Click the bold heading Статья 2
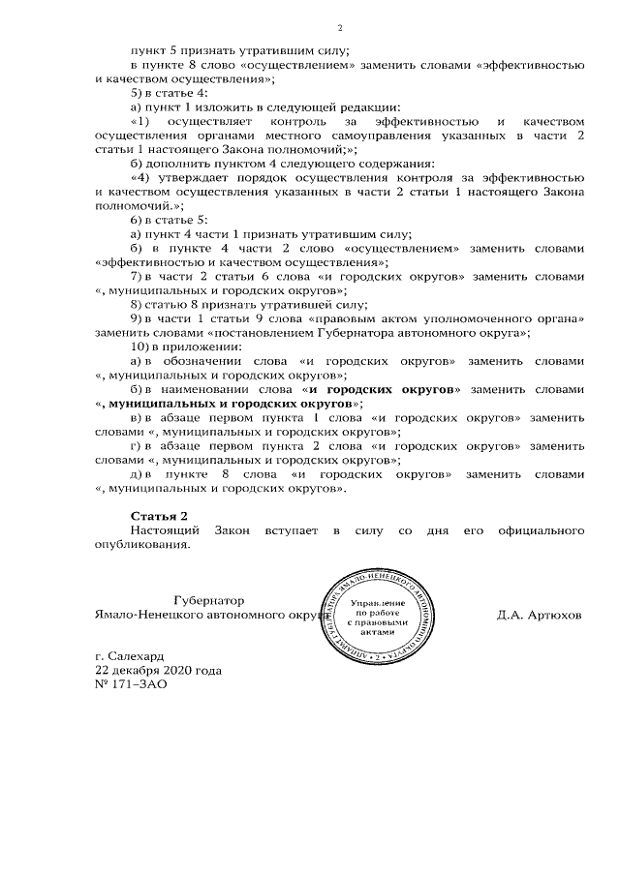tap(159, 515)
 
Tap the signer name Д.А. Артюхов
tap(539, 615)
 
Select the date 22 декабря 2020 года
tap(157, 670)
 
